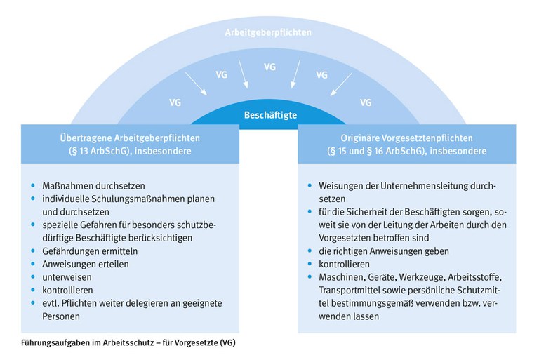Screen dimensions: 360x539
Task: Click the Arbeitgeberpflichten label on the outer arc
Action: click(x=269, y=33)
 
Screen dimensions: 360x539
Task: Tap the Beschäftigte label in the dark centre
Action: click(x=269, y=114)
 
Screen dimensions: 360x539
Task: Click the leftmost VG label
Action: click(x=175, y=102)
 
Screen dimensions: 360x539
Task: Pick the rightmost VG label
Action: click(x=365, y=102)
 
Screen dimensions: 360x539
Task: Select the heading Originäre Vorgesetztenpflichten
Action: click(x=409, y=138)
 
